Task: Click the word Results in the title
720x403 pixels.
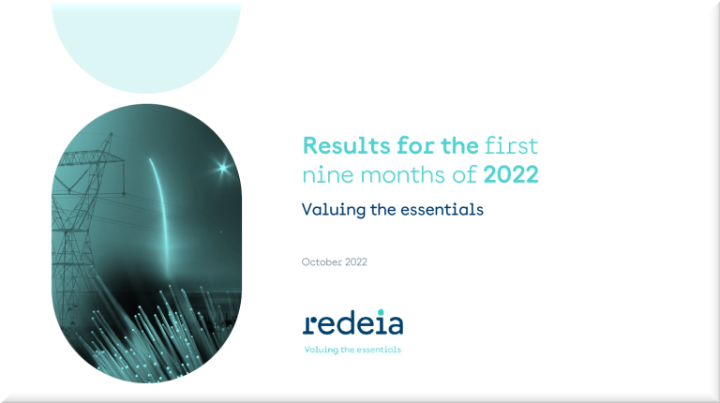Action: pyautogui.click(x=346, y=146)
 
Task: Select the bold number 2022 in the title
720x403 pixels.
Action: pyautogui.click(x=511, y=175)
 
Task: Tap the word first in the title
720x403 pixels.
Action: pyautogui.click(x=511, y=146)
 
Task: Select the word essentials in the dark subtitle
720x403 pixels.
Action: pyautogui.click(x=442, y=210)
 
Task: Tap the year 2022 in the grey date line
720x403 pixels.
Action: pyautogui.click(x=356, y=262)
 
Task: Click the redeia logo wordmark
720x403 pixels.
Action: pyautogui.click(x=352, y=323)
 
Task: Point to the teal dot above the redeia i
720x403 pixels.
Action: pyautogui.click(x=381, y=313)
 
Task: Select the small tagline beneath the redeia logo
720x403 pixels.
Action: pyautogui.click(x=352, y=350)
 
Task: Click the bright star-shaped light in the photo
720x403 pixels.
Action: pyautogui.click(x=223, y=168)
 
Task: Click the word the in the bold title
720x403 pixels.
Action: pyautogui.click(x=459, y=146)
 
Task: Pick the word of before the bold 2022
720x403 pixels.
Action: pyautogui.click(x=464, y=174)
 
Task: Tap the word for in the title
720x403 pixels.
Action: pyautogui.click(x=415, y=146)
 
